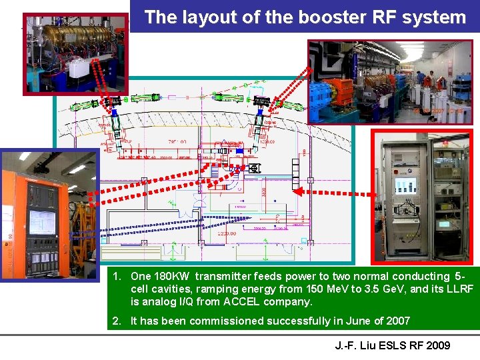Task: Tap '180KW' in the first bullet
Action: (177, 277)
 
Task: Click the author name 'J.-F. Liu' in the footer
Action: (357, 345)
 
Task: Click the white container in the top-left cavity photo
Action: (79, 66)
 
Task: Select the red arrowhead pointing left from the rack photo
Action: (298, 191)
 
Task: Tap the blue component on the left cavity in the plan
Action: (115, 114)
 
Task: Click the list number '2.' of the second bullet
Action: (117, 321)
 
